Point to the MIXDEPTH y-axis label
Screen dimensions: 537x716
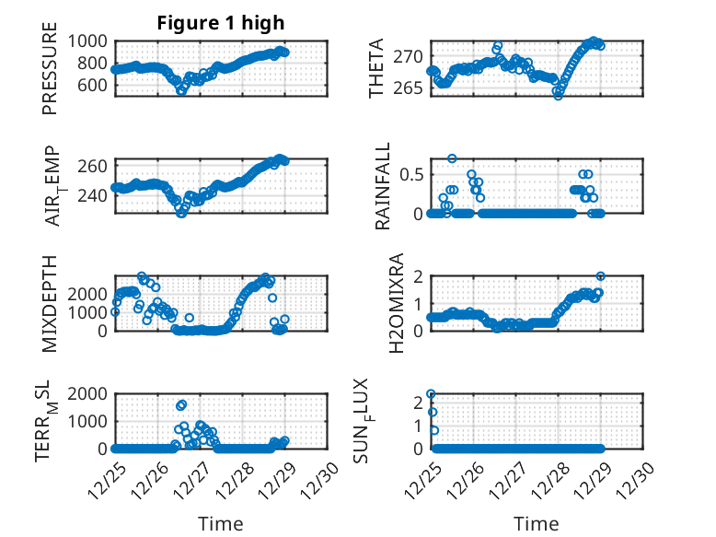point(49,302)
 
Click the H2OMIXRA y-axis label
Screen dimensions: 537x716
point(397,302)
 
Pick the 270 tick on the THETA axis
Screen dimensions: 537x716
point(410,57)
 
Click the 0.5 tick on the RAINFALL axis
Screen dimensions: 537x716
point(410,174)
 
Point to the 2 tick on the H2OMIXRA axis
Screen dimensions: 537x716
point(417,276)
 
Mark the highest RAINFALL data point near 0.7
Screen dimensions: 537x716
point(452,158)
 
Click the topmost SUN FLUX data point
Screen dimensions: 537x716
point(431,394)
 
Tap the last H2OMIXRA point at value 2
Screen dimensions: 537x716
point(600,276)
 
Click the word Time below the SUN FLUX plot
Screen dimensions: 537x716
point(536,524)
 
